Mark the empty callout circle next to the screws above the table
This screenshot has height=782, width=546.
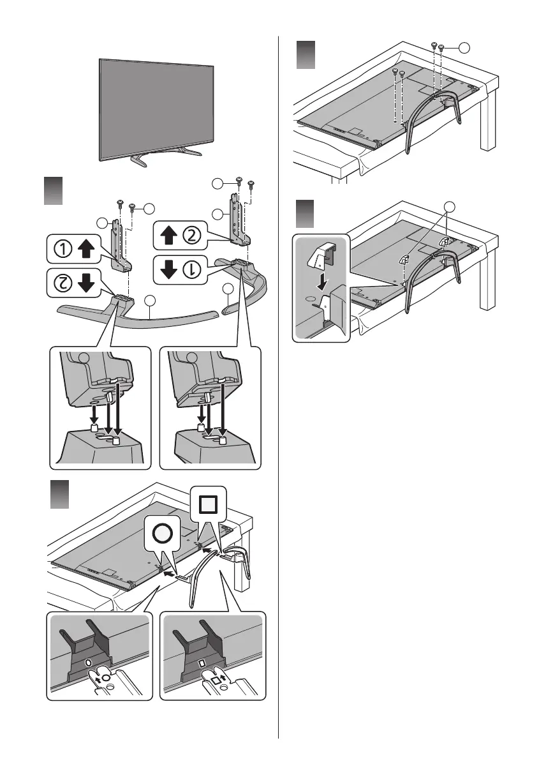pyautogui.click(x=464, y=47)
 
